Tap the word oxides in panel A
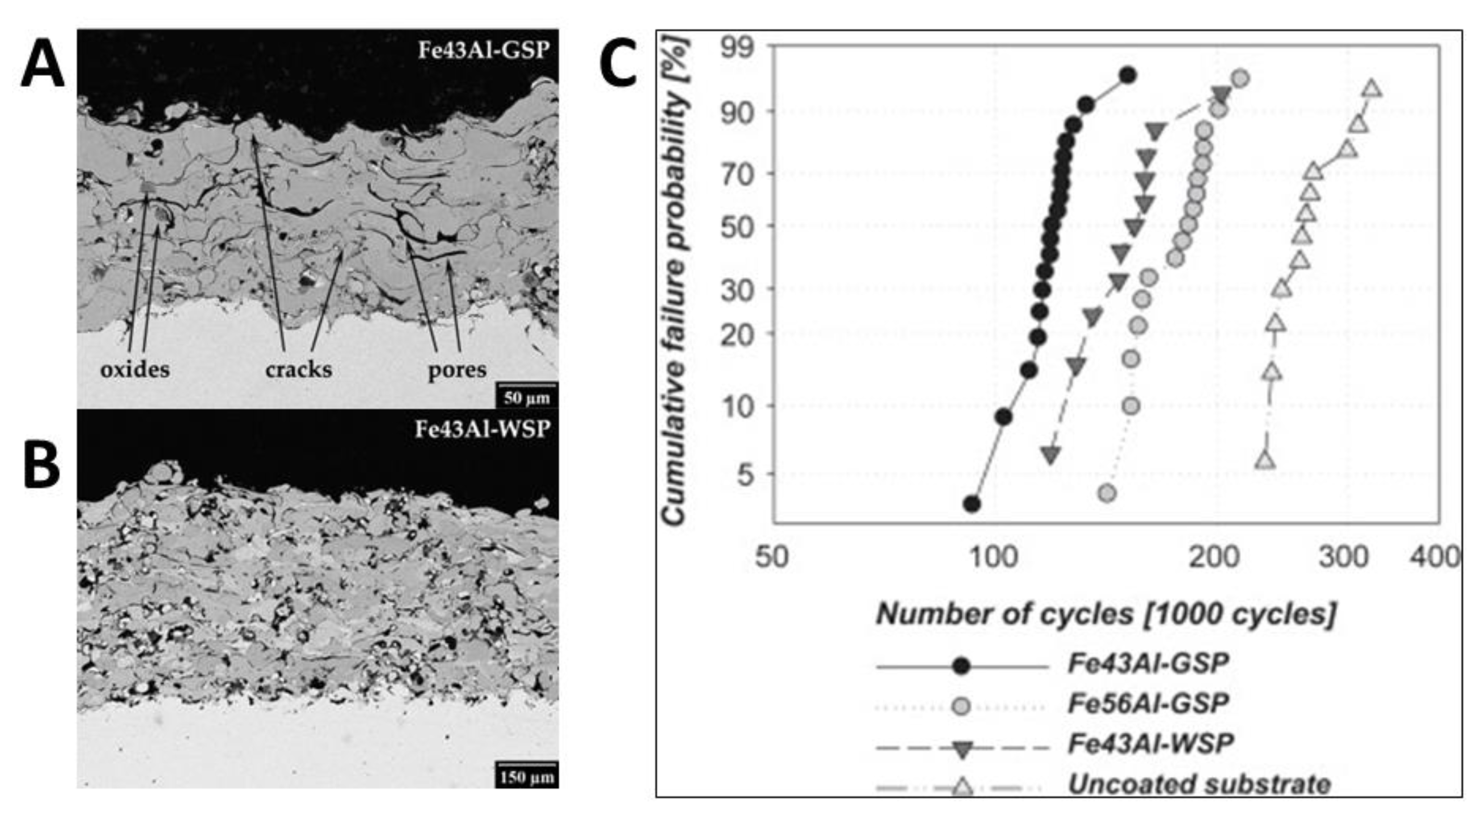click(135, 369)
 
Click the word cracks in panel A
click(298, 369)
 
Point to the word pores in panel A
click(457, 369)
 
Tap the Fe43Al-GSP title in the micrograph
click(483, 50)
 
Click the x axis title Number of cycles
click(1105, 614)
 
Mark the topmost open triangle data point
click(1372, 88)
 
